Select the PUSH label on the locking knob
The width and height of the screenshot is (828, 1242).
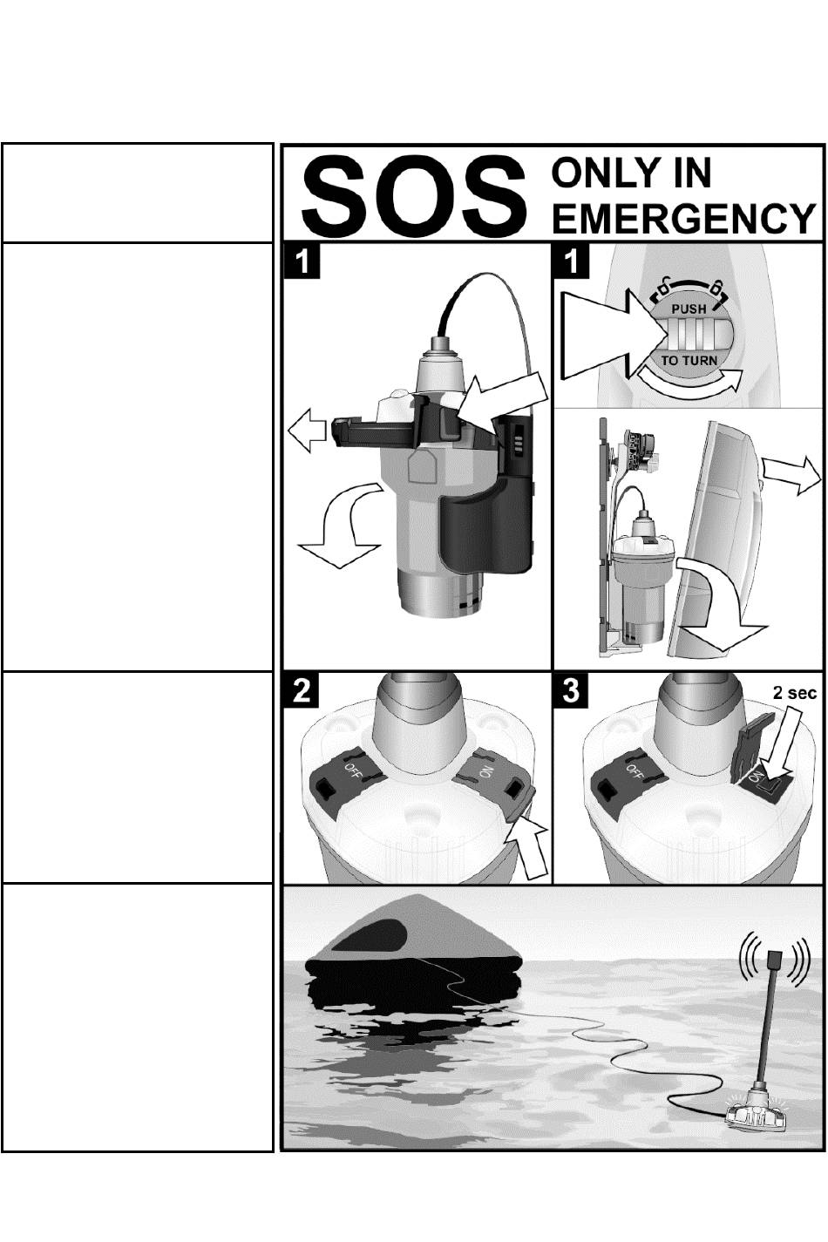(689, 309)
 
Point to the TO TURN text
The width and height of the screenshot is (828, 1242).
(689, 361)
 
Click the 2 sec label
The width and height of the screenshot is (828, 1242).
(794, 693)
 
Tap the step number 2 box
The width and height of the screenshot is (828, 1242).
(302, 691)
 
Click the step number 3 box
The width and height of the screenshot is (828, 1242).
(571, 691)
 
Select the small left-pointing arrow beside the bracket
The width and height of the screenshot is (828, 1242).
(307, 431)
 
